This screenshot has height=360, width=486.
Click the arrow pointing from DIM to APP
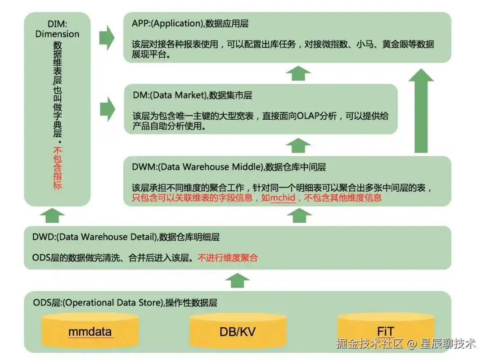tap(107, 38)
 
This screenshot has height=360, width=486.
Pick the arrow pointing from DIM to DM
tap(107, 109)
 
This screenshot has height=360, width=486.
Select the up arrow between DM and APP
tap(298, 73)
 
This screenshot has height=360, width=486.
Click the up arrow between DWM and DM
tap(298, 145)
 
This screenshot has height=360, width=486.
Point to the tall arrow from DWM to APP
tap(421, 111)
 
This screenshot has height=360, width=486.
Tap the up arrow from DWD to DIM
tap(52, 216)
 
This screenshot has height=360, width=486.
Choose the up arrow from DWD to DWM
tap(299, 216)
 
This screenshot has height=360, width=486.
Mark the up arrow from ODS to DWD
tap(237, 281)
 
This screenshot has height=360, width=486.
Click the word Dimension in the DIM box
tap(57, 34)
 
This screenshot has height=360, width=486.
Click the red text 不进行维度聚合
tap(228, 258)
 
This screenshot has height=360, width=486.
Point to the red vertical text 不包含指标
tap(57, 168)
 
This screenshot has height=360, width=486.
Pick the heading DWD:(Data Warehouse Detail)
tap(94, 237)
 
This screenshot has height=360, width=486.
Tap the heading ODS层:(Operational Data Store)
tap(98, 303)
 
